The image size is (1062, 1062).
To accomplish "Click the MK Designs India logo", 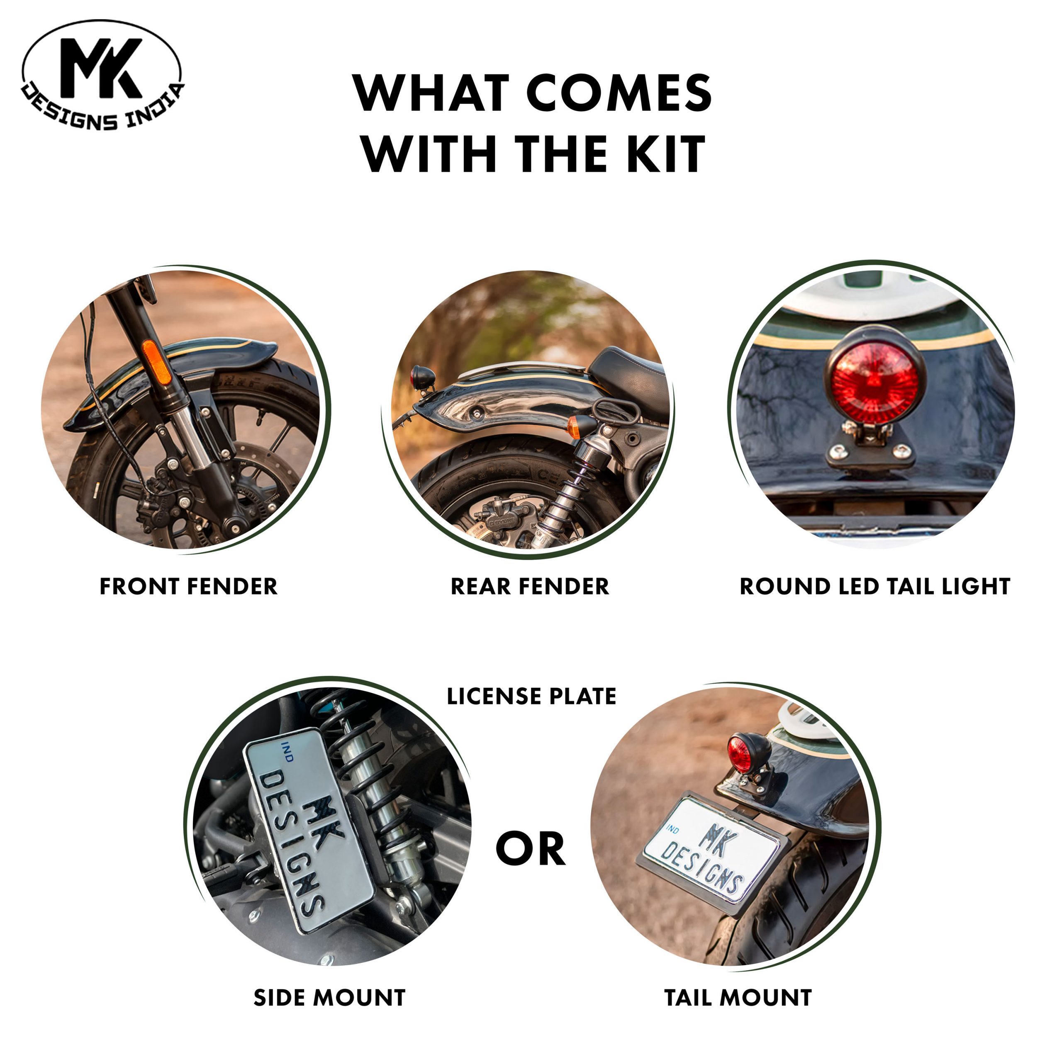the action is pyautogui.click(x=102, y=76).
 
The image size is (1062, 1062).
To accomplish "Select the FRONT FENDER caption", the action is pyautogui.click(x=188, y=587).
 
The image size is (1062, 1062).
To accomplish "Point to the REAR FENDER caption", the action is pyautogui.click(x=530, y=587).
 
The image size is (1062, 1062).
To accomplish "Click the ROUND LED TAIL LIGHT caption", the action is pyautogui.click(x=875, y=587).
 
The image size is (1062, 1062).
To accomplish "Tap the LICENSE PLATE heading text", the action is pyautogui.click(x=531, y=697).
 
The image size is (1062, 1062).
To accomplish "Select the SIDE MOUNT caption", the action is pyautogui.click(x=329, y=998).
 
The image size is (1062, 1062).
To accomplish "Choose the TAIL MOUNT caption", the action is pyautogui.click(x=738, y=998).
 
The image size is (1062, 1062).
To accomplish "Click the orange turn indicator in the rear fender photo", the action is pyautogui.click(x=575, y=427).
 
